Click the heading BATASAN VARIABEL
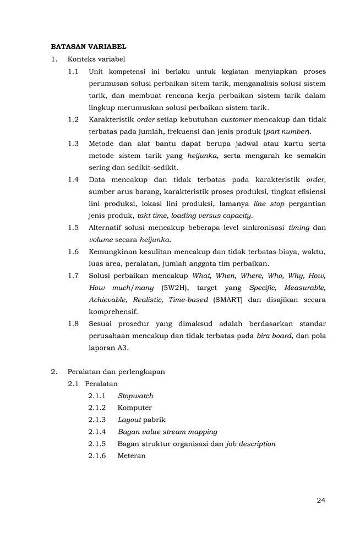pos(89,47)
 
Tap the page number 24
pos(321,500)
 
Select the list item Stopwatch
pos(135,395)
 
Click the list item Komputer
pos(134,408)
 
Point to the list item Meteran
pos(132,456)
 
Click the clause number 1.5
pos(73,227)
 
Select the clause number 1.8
pos(73,323)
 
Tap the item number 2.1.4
pos(96,432)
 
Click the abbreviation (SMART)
pos(228,300)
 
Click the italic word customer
pos(236,119)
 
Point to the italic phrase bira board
pos(274,335)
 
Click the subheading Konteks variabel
pos(96,59)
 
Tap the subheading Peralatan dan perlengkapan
pos(116,371)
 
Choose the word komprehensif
pos(113,311)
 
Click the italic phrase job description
pos(250,444)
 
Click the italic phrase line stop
pos(268,204)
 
